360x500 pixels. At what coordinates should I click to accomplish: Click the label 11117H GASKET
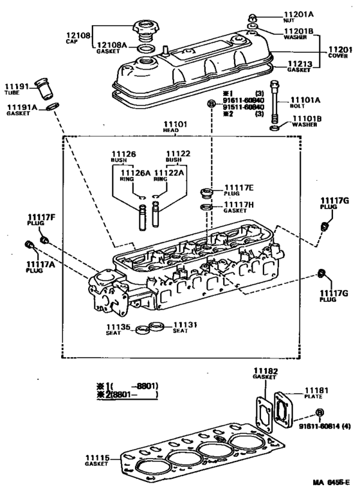tap(239, 207)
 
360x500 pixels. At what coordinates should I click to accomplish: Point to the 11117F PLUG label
tap(41, 219)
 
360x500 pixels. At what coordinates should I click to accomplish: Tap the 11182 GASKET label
tap(264, 375)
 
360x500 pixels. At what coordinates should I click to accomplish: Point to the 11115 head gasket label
tap(98, 460)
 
